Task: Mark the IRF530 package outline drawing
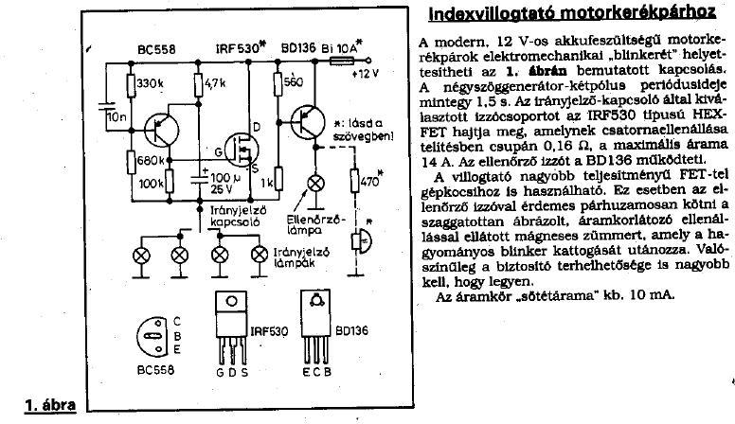(229, 339)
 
